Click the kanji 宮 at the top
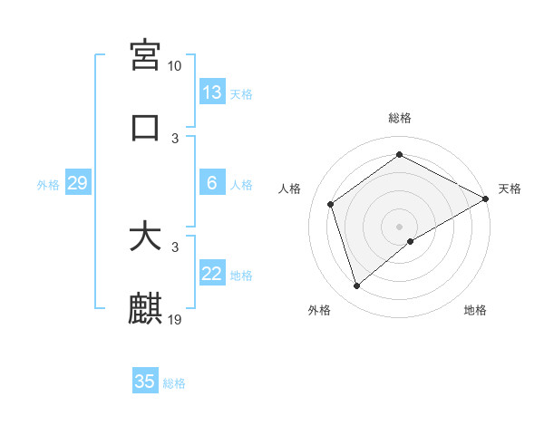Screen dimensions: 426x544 [x=146, y=55]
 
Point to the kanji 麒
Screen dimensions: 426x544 [x=146, y=307]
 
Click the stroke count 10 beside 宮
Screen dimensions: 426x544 [x=175, y=66]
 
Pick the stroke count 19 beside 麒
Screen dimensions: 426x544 [x=175, y=319]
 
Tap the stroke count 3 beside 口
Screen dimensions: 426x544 [x=175, y=138]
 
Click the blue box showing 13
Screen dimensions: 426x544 [x=212, y=92]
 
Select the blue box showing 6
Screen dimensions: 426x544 [x=212, y=183]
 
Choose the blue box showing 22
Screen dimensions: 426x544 [x=212, y=274]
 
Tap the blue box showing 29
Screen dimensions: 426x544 [x=77, y=183]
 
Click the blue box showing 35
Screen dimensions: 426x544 [x=145, y=382]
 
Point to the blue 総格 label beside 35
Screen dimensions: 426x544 [x=174, y=383]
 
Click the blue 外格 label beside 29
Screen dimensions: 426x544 [x=48, y=185]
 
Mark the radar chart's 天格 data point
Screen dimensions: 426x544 [x=486, y=199]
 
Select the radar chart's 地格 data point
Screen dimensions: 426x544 [x=411, y=241]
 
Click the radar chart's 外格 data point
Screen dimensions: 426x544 [x=356, y=286]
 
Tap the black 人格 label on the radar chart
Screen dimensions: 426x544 [x=290, y=189]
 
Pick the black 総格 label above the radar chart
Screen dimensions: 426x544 [x=400, y=118]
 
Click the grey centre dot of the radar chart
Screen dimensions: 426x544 [x=400, y=226]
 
